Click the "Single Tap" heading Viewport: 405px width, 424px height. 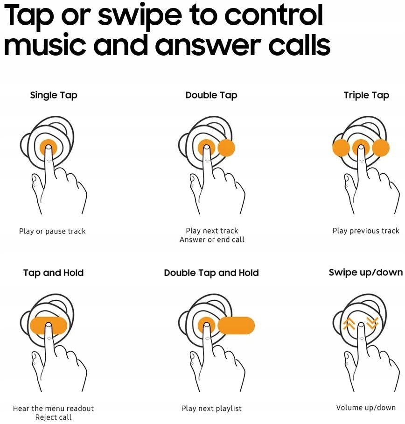pos(54,95)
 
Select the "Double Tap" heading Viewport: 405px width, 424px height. pos(211,95)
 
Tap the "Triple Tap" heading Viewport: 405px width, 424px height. pos(366,95)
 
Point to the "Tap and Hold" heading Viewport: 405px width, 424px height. pos(53,273)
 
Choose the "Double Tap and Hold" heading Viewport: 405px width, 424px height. pos(211,273)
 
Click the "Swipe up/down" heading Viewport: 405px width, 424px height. pos(365,273)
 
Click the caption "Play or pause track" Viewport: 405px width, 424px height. pos(52,231)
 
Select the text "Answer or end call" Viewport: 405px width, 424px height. pos(212,240)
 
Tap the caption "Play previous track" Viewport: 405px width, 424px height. pos(366,231)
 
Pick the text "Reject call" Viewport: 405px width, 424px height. pos(53,417)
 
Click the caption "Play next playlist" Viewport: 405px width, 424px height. pos(211,408)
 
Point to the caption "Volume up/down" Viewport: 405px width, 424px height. pos(366,408)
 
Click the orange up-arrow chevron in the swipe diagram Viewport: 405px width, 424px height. pos(349,324)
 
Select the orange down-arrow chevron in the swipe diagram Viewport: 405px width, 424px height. pos(372,323)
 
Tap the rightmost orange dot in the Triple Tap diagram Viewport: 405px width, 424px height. pos(381,148)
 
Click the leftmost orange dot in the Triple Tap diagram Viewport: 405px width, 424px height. pos(341,148)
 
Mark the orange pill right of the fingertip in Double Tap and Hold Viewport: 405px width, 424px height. pos(236,325)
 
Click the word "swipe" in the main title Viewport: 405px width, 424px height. pos(140,15)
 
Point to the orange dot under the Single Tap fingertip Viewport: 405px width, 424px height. pos(49,148)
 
